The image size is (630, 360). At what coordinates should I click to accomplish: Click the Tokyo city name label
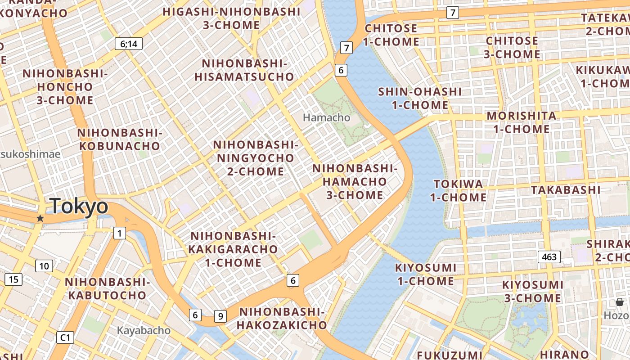(79, 207)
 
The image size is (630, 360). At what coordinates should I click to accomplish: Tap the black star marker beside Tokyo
(40, 218)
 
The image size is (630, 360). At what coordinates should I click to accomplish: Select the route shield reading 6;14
(129, 44)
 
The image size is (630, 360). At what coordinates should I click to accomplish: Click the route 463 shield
(549, 257)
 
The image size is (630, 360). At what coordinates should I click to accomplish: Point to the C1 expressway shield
(65, 337)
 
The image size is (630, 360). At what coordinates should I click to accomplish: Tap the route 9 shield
(220, 316)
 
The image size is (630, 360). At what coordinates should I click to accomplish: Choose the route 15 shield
(13, 279)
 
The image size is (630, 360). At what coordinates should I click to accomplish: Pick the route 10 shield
(44, 266)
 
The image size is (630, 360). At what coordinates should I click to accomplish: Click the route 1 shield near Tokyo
(119, 233)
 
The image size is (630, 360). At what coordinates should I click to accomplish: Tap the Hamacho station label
(326, 117)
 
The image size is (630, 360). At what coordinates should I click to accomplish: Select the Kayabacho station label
(144, 330)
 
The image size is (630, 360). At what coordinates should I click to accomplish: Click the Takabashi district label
(566, 190)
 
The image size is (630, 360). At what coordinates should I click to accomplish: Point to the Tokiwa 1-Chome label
(458, 190)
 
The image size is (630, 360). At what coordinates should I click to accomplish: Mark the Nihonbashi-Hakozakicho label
(282, 318)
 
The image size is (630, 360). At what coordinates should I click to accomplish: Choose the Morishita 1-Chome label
(522, 122)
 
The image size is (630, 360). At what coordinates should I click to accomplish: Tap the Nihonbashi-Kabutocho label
(107, 288)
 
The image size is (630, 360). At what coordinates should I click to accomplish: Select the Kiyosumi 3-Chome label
(532, 291)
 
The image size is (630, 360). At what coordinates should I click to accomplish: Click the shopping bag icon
(620, 302)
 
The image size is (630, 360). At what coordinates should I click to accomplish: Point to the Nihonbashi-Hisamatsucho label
(244, 70)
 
